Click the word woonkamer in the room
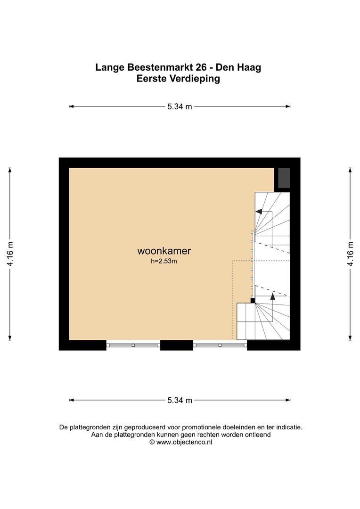(164, 251)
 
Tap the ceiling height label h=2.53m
(164, 261)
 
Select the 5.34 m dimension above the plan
(180, 107)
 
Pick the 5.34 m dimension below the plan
(180, 400)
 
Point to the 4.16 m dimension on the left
(10, 254)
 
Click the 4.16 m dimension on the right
(350, 254)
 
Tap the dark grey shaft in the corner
(284, 178)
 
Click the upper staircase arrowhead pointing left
(259, 212)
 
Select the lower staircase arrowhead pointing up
(273, 296)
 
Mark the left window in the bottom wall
(133, 345)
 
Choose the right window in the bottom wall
(220, 345)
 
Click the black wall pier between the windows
(177, 345)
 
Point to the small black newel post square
(253, 301)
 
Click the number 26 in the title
(201, 67)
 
